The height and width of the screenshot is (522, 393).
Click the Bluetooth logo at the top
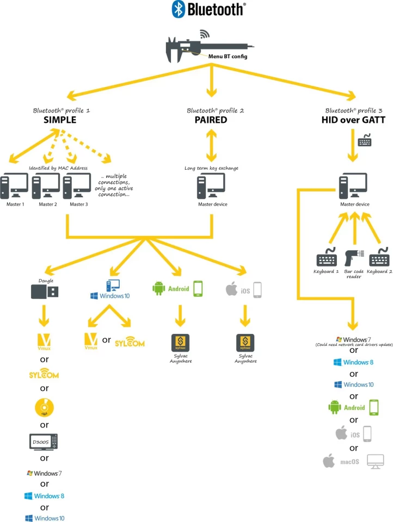pos(209,9)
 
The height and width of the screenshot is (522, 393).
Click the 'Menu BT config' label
pos(228,55)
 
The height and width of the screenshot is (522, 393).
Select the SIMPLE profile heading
pos(60,120)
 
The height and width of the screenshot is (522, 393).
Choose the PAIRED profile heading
pos(211,120)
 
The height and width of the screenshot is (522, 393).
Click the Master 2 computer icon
pos(46,187)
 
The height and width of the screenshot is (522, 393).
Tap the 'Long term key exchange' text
pos(212,168)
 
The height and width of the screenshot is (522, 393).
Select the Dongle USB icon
pos(45,291)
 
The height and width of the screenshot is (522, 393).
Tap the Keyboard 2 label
pos(379,271)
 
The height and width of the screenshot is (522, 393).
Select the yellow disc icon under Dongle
pos(45,406)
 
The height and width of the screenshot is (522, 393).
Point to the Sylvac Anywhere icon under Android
pos(181,343)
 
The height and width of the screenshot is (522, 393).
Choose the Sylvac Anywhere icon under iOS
pos(245,343)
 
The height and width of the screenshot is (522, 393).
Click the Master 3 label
pos(78,204)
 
